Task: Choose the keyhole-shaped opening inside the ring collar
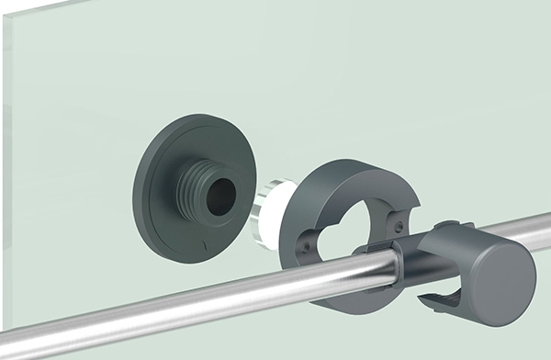point(344,225)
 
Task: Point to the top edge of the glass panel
point(275,2)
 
